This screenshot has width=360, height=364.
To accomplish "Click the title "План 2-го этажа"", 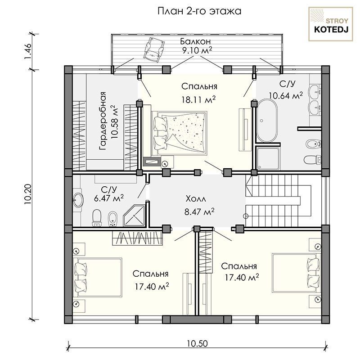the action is click(199, 11).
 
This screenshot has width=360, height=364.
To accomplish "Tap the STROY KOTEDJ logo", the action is click(330, 24).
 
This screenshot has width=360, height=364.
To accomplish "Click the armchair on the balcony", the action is click(154, 49).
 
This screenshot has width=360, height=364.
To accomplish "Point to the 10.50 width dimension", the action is click(197, 343).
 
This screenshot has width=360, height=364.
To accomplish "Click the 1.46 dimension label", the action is click(27, 51).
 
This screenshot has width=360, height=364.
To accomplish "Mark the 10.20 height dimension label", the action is click(27, 194).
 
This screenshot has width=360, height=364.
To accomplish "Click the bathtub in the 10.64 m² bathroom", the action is click(267, 120).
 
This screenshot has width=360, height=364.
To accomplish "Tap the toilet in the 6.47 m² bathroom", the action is click(97, 218).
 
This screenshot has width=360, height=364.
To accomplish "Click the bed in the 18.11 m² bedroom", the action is click(179, 133).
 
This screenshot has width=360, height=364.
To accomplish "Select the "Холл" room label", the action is click(196, 199).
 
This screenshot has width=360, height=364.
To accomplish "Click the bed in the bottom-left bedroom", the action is click(98, 277).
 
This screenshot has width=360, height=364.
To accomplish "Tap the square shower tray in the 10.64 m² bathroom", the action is click(268, 157).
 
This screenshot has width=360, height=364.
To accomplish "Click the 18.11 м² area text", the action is click(199, 99).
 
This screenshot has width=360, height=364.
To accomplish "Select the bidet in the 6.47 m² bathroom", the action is click(113, 219).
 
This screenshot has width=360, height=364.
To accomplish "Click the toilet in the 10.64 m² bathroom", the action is click(312, 160).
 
